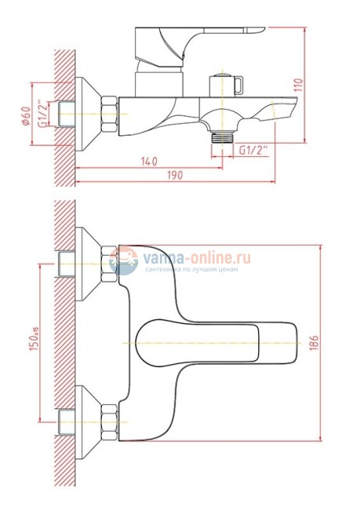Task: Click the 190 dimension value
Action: pyautogui.click(x=176, y=176)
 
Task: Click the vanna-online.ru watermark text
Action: pyautogui.click(x=196, y=257)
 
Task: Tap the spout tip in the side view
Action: pyautogui.click(x=290, y=106)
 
